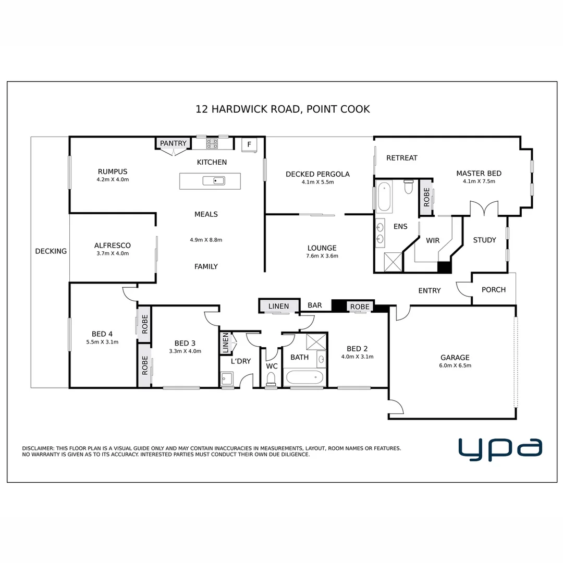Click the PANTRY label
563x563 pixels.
173,143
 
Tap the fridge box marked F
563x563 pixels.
249,144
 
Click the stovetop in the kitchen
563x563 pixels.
212,142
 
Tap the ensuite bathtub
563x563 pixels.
384,196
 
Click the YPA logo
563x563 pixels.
500,449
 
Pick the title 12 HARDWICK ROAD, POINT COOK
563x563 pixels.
283,109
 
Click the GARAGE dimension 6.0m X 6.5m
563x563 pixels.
455,365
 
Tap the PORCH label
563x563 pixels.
493,289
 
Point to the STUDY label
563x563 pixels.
484,240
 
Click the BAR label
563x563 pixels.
314,305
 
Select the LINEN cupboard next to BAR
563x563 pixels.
279,307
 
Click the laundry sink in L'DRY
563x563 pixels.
227,377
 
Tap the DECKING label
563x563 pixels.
51,251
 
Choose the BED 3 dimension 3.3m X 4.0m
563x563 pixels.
185,351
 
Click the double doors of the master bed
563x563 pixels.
484,209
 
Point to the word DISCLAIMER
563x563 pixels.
38,448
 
